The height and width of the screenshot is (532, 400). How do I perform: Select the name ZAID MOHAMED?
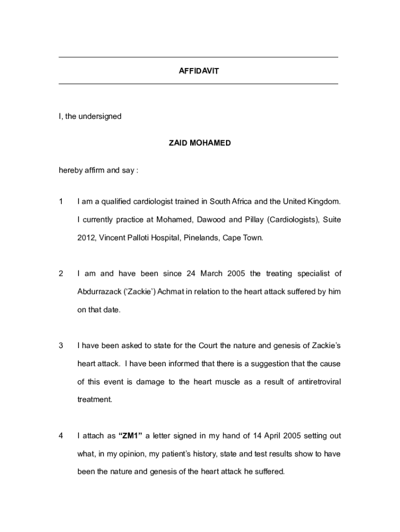pyautogui.click(x=199, y=143)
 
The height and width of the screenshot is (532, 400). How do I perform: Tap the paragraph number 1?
pyautogui.click(x=61, y=201)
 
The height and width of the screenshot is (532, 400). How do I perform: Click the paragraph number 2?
pyautogui.click(x=61, y=273)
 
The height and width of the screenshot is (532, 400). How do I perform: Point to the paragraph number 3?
pyautogui.click(x=61, y=345)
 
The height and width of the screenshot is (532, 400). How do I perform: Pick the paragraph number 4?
pyautogui.click(x=61, y=436)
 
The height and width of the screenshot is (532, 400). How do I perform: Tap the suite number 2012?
pyautogui.click(x=86, y=238)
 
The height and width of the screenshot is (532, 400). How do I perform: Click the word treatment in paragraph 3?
pyautogui.click(x=94, y=400)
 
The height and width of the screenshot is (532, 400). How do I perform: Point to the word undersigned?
pyautogui.click(x=100, y=116)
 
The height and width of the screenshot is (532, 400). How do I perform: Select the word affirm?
pyautogui.click(x=95, y=170)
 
